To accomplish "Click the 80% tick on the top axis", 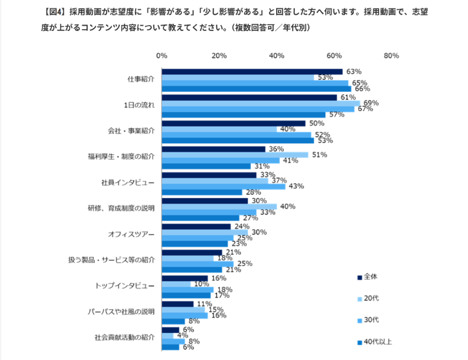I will click(391, 56).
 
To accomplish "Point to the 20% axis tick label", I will click(219, 56).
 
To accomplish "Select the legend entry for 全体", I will click(370, 276).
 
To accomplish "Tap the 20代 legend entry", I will click(370, 299).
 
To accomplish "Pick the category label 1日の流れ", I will click(139, 106).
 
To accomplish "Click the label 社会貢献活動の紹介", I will click(124, 337).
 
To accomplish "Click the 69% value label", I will click(371, 103).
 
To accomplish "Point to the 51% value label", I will click(319, 154).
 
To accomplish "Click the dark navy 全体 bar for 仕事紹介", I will click(252, 71).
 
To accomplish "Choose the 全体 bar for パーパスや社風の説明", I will click(178, 304).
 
